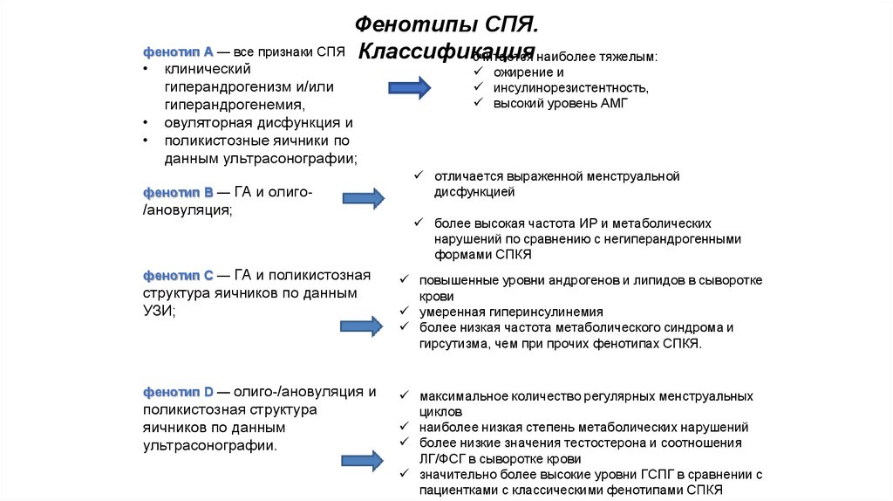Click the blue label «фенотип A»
point(173,52)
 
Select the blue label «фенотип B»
point(173,192)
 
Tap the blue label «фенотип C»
point(173,276)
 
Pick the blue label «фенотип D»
point(173,392)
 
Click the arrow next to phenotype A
point(409,87)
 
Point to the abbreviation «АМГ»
point(611,104)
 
